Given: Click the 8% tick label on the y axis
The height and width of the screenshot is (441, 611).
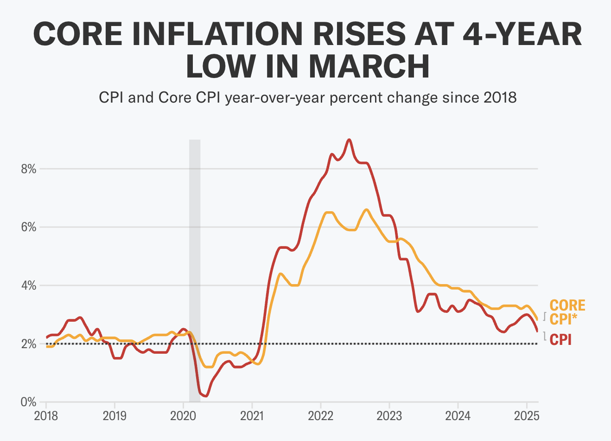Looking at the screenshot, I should pos(28,169).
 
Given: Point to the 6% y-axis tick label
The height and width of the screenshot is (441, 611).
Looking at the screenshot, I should pos(28,227).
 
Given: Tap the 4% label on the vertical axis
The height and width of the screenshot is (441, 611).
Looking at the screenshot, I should pos(28,285).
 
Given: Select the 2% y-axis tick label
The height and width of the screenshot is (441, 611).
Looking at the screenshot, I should pos(28,344).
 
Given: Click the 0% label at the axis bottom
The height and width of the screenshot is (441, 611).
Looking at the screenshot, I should pos(28,402).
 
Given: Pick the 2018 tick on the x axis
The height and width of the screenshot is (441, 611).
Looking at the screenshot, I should pos(46,415).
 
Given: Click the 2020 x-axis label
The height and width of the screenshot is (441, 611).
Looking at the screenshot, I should pos(183,415).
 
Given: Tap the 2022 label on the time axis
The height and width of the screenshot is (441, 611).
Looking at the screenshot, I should pos(320,415).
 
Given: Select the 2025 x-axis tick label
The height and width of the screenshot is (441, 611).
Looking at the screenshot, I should pos(526,415).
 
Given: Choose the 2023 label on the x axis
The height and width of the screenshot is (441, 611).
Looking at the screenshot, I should pos(389,415).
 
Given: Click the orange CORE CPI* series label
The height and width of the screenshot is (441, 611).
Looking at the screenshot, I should pos(567,312).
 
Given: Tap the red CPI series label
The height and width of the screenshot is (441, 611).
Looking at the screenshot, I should pos(560,339).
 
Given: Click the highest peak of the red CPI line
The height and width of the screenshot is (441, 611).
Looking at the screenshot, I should pos(349,139).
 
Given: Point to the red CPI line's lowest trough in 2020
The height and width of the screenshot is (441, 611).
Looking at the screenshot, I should pos(205,396).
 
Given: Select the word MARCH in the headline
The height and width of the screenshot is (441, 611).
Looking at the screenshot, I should pos(369,66).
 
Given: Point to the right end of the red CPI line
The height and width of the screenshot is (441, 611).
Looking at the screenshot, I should pos(537,331).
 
